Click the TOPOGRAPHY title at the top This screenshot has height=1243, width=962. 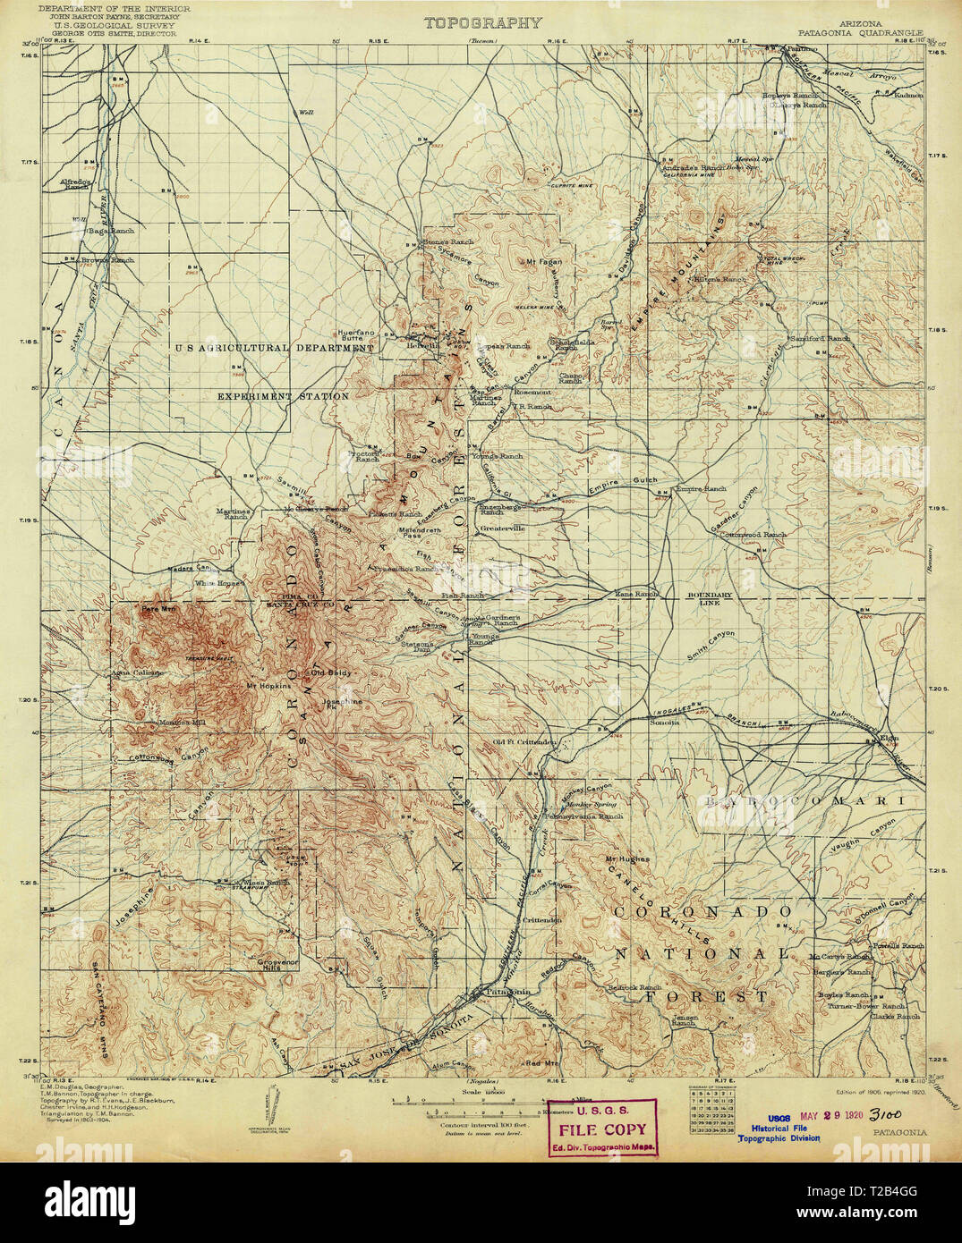coord(483,23)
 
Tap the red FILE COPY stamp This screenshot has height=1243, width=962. coord(602,1129)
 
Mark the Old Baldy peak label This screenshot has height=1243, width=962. coord(328,671)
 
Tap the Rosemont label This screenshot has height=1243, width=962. coord(532,392)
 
